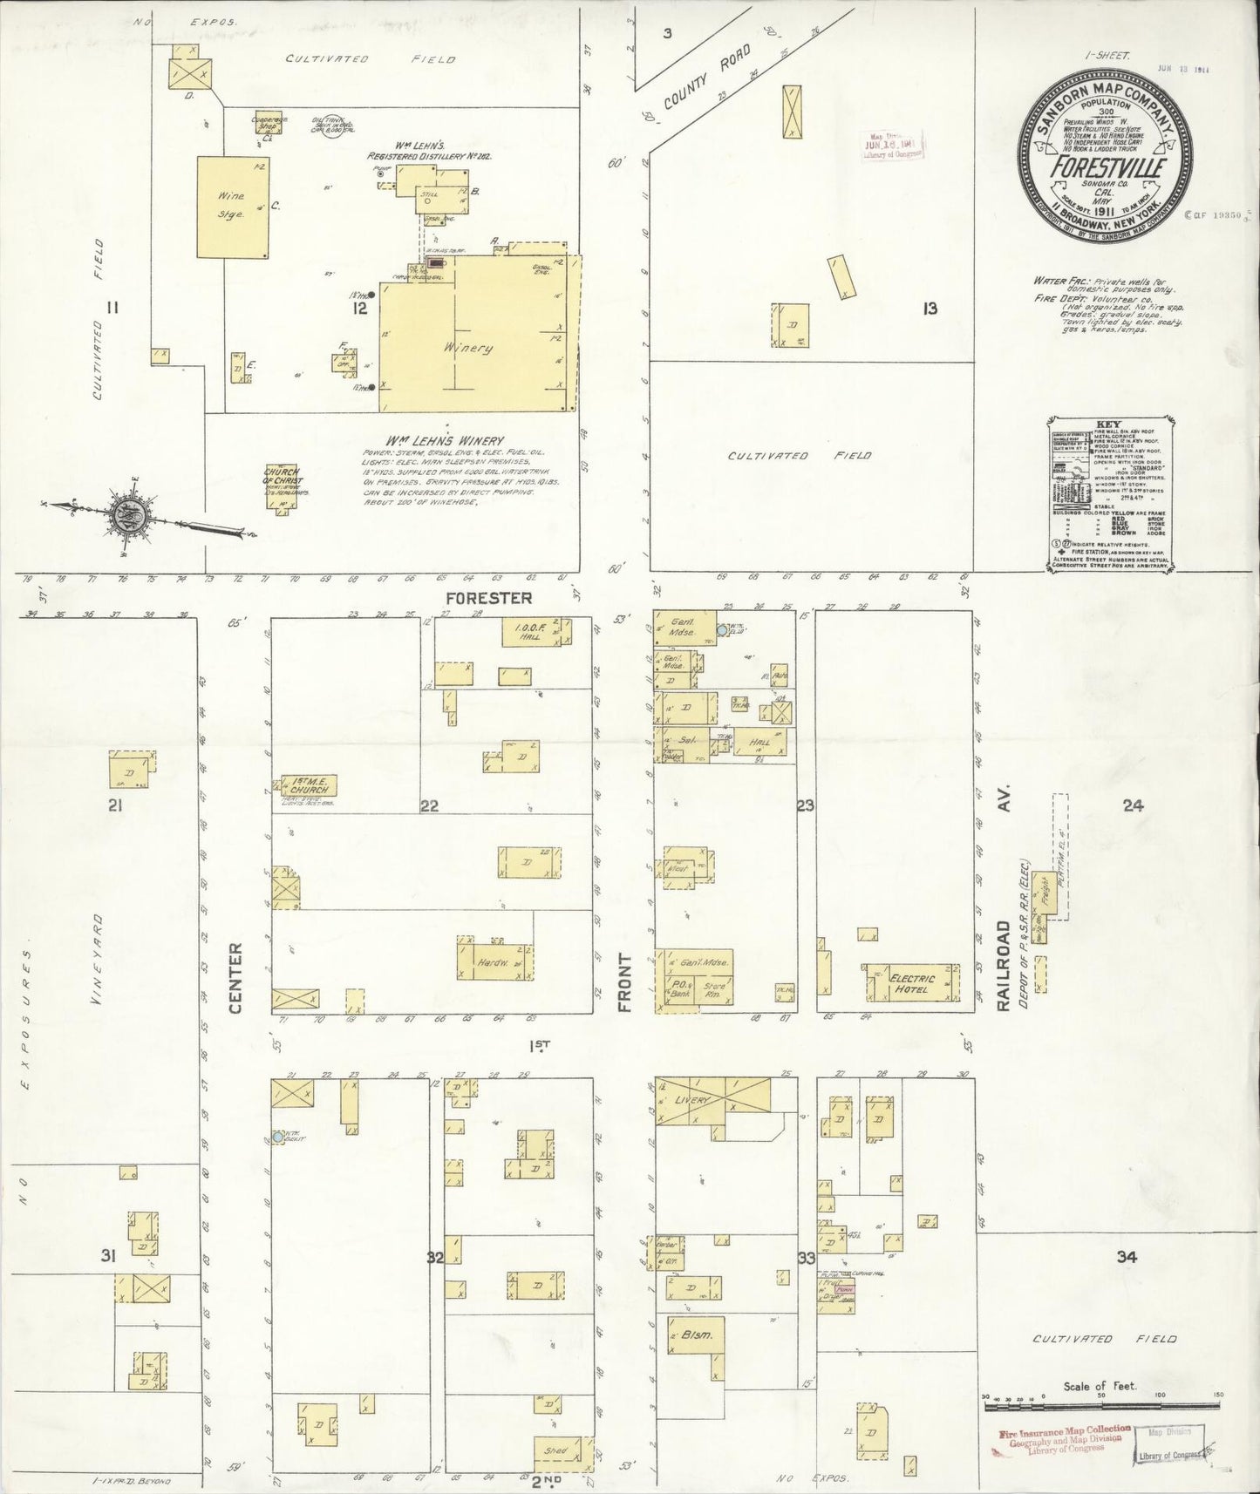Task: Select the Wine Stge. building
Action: tap(233, 207)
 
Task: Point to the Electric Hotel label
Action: tap(911, 983)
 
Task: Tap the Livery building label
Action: tap(693, 1100)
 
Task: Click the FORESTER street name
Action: tap(488, 598)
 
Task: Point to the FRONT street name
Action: tap(624, 981)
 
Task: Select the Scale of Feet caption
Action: tap(1100, 1386)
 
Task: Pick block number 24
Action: tap(1133, 805)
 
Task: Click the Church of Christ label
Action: tap(282, 476)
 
